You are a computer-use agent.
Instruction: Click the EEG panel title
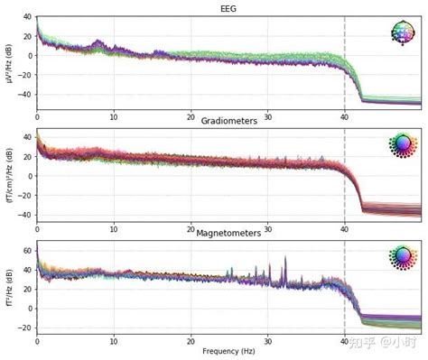228,8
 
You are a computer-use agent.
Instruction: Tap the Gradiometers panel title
228,121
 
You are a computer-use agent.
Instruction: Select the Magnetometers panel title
228,233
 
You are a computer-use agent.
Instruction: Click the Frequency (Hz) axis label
228,349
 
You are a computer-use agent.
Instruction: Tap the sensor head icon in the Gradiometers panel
403,144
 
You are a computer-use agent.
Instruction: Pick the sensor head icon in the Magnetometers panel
403,256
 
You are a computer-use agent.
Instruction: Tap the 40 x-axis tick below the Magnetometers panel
344,340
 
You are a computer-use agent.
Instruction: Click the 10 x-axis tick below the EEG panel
114,116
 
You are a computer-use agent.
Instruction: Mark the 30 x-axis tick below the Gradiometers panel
267,228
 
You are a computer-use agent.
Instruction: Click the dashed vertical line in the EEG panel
344,63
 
